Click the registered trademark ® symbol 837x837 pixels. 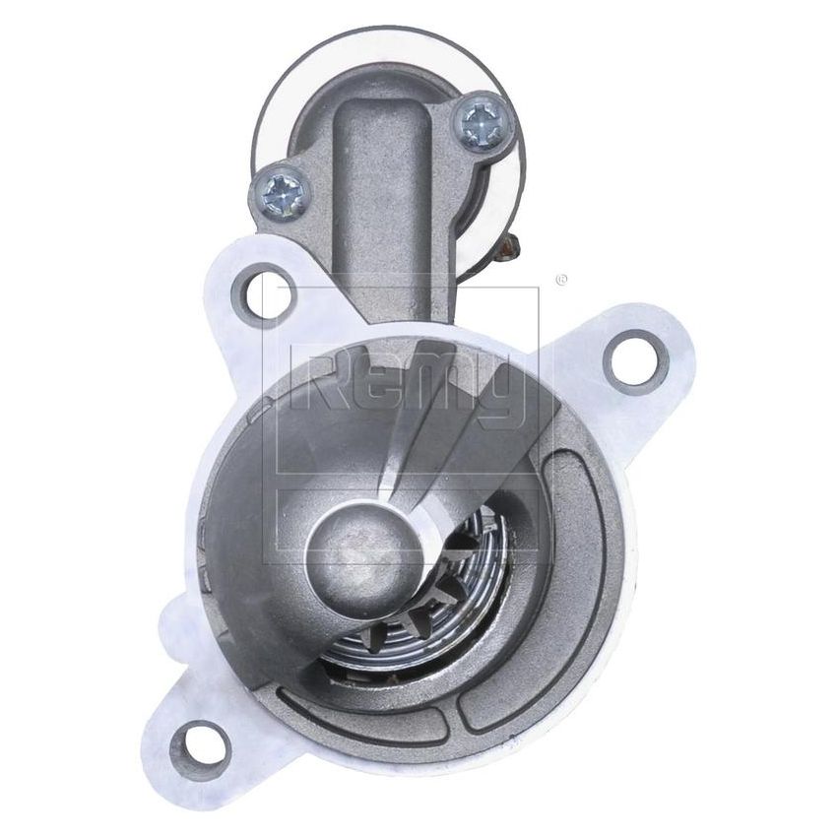click(561, 280)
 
